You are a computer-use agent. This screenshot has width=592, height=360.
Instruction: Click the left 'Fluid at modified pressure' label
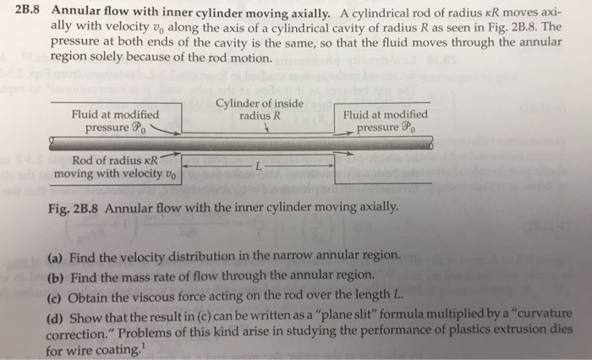point(116,121)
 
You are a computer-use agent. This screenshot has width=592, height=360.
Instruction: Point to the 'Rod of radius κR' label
point(115,160)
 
